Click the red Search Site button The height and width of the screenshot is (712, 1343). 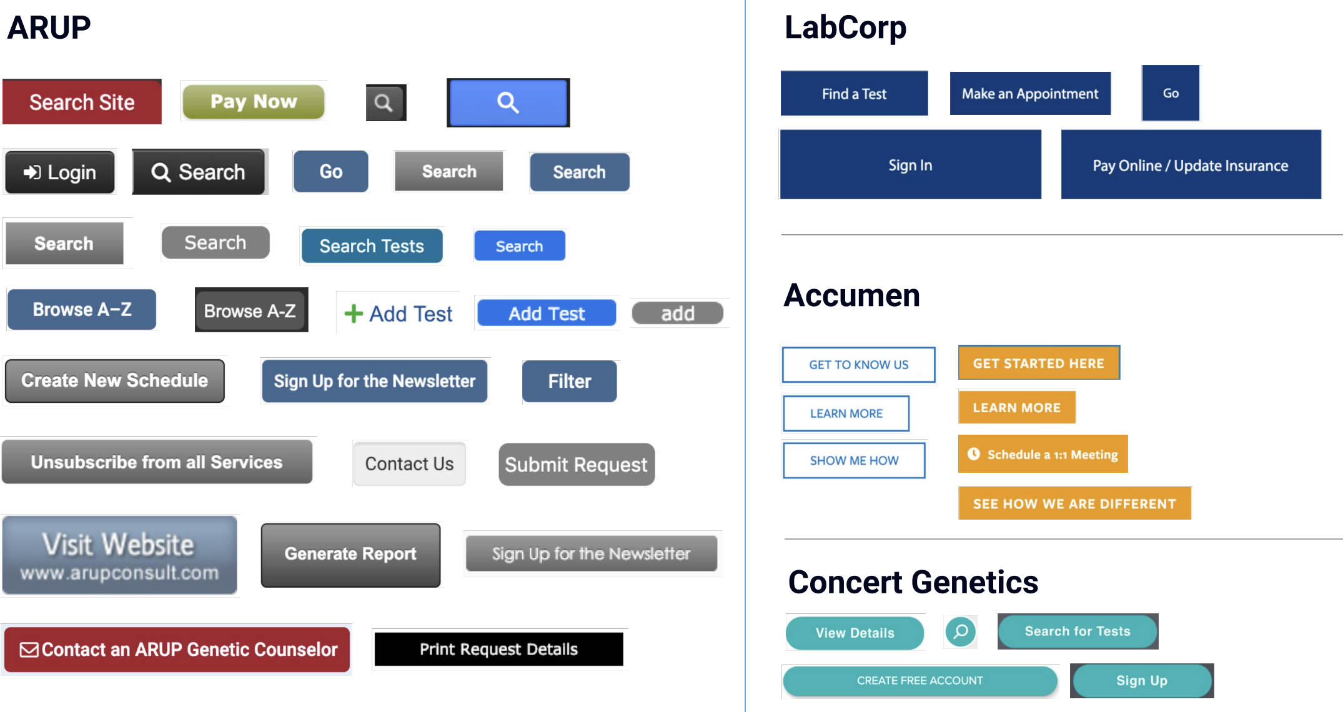click(x=82, y=102)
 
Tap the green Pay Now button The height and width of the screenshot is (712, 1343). click(x=254, y=101)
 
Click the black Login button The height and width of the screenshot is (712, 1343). click(x=60, y=172)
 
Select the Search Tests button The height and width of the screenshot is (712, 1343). click(x=372, y=246)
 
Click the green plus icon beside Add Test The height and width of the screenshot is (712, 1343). click(x=354, y=314)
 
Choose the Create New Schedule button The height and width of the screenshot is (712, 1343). click(x=115, y=380)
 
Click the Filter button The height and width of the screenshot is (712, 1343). click(x=570, y=381)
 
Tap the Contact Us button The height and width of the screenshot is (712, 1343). click(x=409, y=463)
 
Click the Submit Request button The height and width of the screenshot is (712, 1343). click(x=577, y=464)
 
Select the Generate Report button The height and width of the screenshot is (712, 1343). click(x=350, y=555)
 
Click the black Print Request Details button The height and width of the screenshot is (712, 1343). click(x=498, y=650)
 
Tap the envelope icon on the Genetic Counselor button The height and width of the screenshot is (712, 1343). click(x=29, y=650)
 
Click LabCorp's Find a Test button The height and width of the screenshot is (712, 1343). click(x=854, y=94)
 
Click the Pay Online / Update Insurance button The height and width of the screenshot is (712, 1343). click(x=1191, y=165)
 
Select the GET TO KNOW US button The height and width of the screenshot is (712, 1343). click(x=859, y=365)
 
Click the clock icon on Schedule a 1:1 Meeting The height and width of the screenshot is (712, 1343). click(x=973, y=454)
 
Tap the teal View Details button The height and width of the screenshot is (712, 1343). click(x=855, y=633)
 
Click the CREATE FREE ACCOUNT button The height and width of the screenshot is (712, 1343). click(x=920, y=681)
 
